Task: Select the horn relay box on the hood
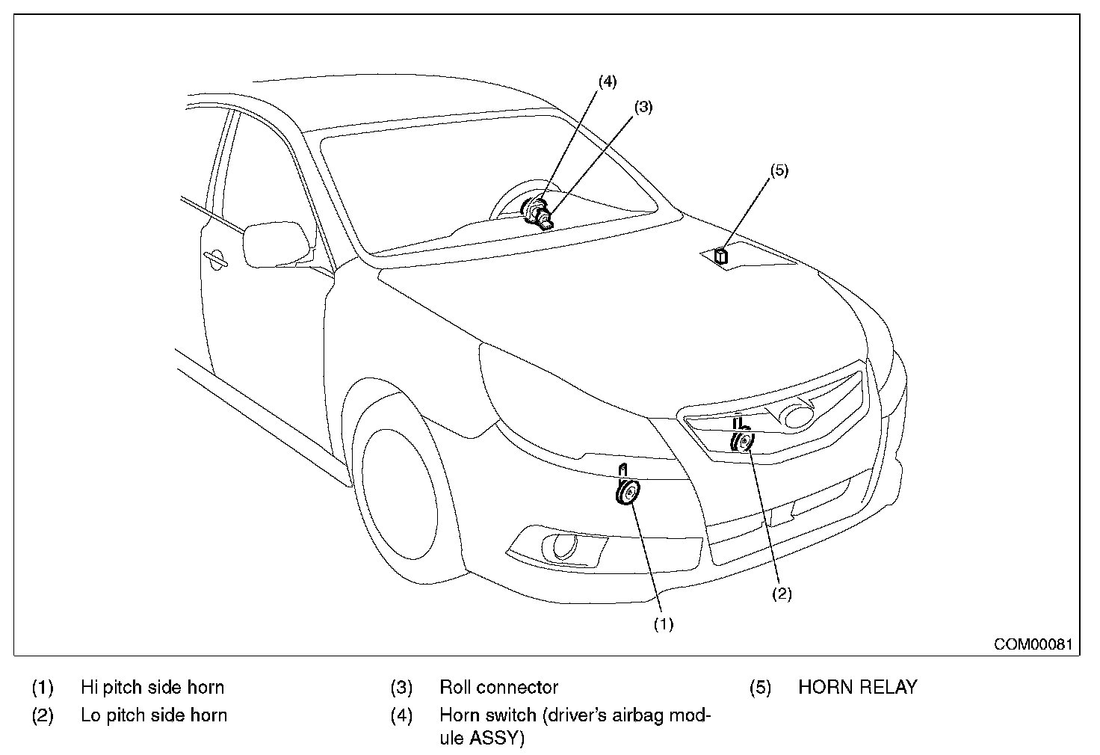pyautogui.click(x=721, y=256)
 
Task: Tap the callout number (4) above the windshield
pyautogui.click(x=608, y=81)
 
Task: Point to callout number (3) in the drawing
pyautogui.click(x=643, y=107)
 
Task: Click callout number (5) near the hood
pyautogui.click(x=779, y=170)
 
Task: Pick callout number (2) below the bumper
pyautogui.click(x=782, y=594)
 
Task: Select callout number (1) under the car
pyautogui.click(x=664, y=624)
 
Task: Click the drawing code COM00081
pyautogui.click(x=1033, y=644)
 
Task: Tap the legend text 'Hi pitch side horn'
pyautogui.click(x=152, y=687)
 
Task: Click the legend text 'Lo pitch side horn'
pyautogui.click(x=154, y=715)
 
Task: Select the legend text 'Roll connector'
pyautogui.click(x=499, y=687)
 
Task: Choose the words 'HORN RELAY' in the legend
pyautogui.click(x=858, y=687)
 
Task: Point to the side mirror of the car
pyautogui.click(x=279, y=244)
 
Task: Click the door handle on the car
pyautogui.click(x=215, y=259)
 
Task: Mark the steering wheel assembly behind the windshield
pyautogui.click(x=531, y=204)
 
